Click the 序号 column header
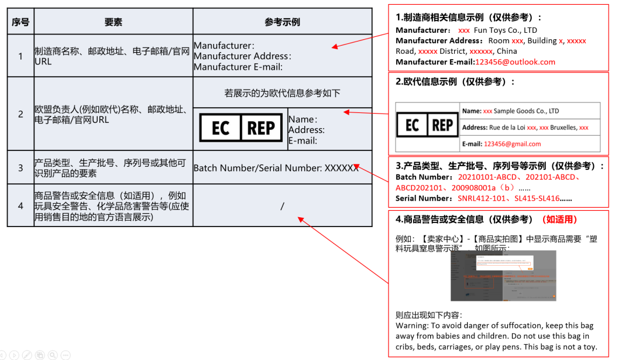pyautogui.click(x=20, y=22)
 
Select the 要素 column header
pyautogui.click(x=114, y=22)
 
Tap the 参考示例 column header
pyautogui.click(x=282, y=22)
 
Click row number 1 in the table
pyautogui.click(x=20, y=56)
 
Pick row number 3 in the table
pyautogui.click(x=20, y=168)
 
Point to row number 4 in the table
pyautogui.click(x=20, y=206)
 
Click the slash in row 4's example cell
pyautogui.click(x=282, y=206)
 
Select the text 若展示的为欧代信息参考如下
pyautogui.click(x=282, y=93)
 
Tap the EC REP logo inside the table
pyautogui.click(x=241, y=128)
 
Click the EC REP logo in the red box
pyautogui.click(x=427, y=125)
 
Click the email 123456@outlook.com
pyautogui.click(x=515, y=62)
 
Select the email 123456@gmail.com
pyautogui.click(x=512, y=144)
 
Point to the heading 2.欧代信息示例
pyautogui.click(x=455, y=82)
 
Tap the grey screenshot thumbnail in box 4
pyautogui.click(x=503, y=275)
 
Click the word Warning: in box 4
pyautogui.click(x=412, y=325)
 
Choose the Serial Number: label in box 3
pyautogui.click(x=425, y=198)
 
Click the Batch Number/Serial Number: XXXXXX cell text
pyautogui.click(x=276, y=168)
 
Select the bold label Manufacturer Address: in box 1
pyautogui.click(x=440, y=41)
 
